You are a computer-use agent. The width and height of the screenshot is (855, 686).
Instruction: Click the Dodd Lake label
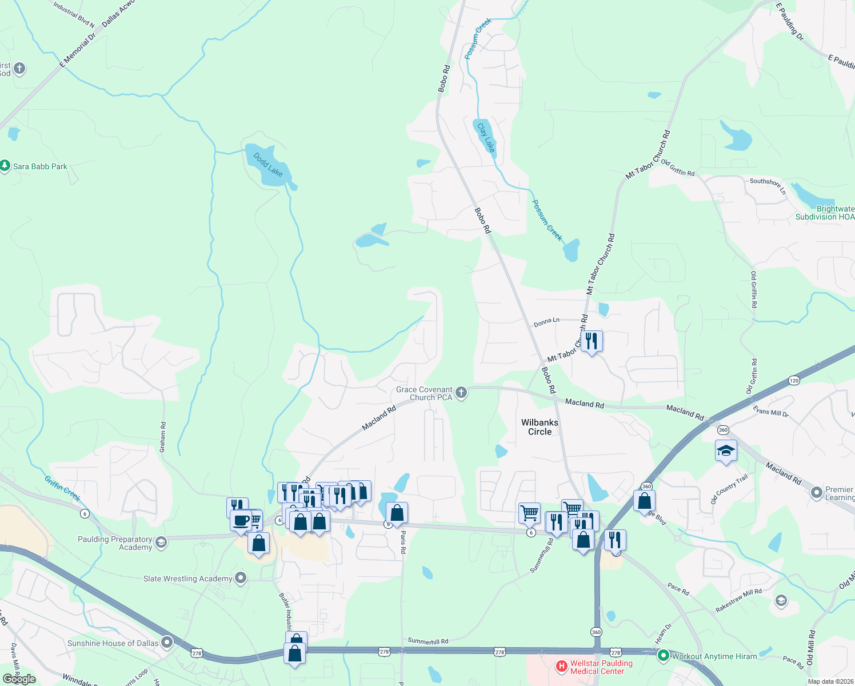click(267, 165)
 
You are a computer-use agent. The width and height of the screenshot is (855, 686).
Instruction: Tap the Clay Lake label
click(486, 137)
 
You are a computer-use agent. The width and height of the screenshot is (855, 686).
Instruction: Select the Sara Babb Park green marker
click(5, 166)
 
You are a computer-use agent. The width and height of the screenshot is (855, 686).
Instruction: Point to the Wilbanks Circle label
click(540, 427)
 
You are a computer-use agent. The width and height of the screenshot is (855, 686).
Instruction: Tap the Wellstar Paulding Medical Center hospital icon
click(561, 666)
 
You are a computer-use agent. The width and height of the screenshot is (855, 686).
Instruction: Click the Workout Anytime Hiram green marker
click(663, 656)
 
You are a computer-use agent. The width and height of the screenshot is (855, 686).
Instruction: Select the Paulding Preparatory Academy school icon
click(161, 542)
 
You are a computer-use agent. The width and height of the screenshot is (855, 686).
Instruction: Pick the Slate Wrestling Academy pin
click(241, 579)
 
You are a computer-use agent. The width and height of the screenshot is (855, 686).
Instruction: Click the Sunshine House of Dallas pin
click(167, 643)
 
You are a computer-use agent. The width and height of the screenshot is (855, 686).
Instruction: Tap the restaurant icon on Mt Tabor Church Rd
click(592, 341)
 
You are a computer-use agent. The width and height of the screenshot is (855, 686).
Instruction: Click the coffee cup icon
click(241, 521)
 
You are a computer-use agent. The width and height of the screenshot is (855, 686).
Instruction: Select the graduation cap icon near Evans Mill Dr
click(726, 451)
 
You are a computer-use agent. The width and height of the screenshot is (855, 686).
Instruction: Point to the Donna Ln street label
click(546, 322)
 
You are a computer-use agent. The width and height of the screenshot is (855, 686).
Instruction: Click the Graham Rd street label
click(163, 437)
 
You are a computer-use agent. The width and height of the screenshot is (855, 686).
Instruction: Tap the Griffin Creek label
click(63, 489)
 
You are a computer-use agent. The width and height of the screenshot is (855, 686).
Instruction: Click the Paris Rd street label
click(403, 542)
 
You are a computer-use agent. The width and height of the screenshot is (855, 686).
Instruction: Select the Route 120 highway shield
click(793, 380)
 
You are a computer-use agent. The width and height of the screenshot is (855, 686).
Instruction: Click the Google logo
click(19, 679)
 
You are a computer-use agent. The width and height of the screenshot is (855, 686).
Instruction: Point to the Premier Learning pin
click(817, 492)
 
